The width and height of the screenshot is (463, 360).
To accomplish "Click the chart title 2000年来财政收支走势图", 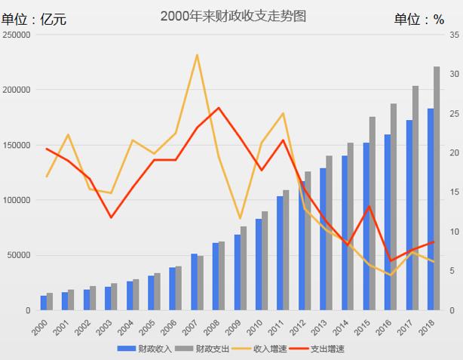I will [x=233, y=16].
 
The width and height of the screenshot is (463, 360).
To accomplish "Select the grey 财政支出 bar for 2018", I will [x=436, y=189].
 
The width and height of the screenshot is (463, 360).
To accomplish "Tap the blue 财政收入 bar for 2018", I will [x=430, y=210].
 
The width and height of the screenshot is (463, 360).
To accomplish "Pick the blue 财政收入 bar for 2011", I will [x=280, y=254].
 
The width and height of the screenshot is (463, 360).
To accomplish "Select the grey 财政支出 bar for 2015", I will [x=372, y=214].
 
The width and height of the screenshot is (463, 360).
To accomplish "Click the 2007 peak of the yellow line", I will [x=197, y=54].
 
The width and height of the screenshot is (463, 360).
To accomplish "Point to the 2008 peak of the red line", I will [x=219, y=108].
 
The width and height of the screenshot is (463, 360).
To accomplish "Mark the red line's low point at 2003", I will [x=111, y=217].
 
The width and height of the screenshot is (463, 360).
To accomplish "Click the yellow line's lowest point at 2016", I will [x=391, y=275].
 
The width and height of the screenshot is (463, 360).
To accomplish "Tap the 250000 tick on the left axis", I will [x=16, y=35].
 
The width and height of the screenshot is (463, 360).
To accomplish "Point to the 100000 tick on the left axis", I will [x=16, y=200].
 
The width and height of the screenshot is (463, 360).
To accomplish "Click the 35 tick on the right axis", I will [x=452, y=35].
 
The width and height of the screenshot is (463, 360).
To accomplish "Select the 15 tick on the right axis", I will [x=452, y=192].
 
